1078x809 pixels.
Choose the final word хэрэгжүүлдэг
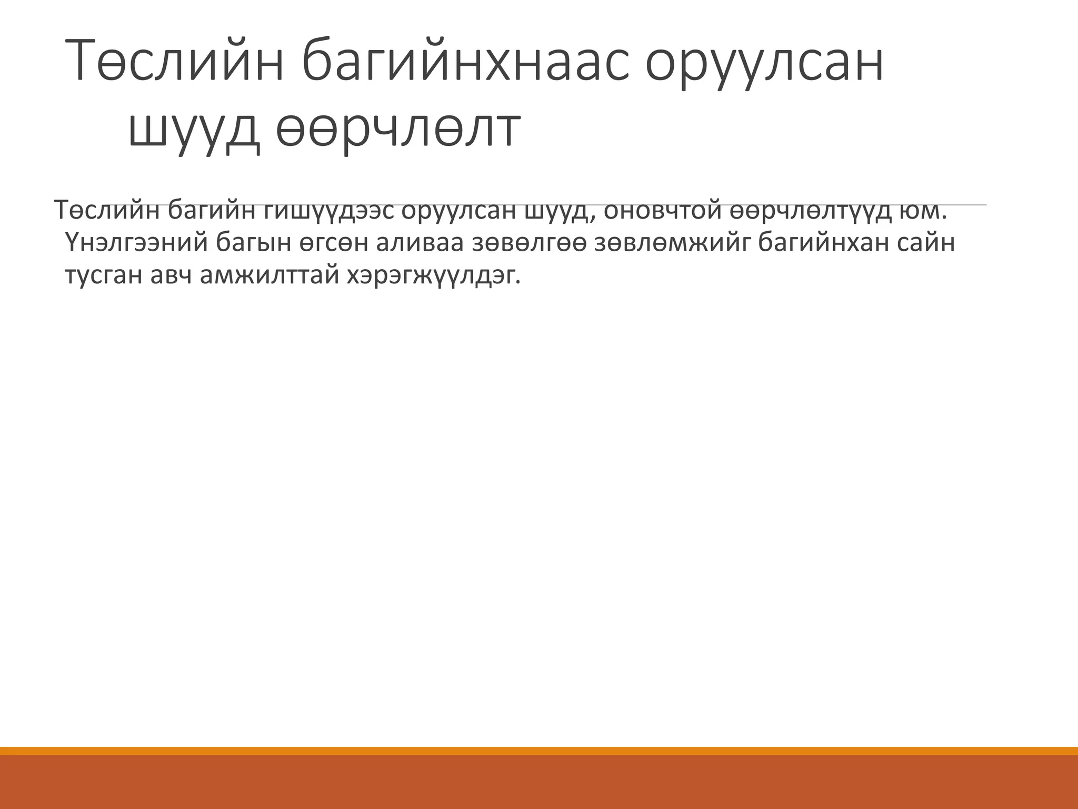[433, 275]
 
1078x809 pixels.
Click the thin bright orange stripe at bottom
[539, 751]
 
